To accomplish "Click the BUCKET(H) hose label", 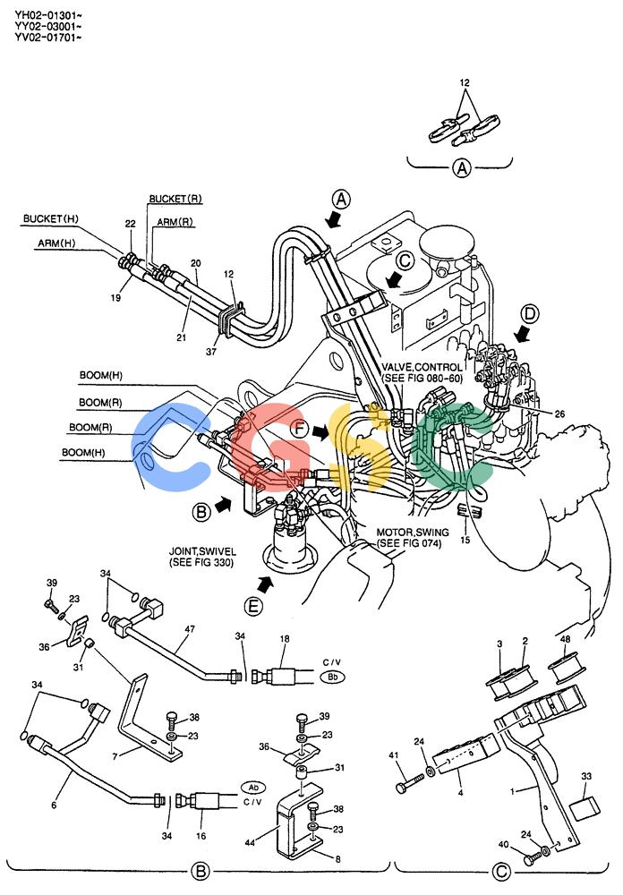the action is [51, 218].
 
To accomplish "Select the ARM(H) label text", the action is [56, 243].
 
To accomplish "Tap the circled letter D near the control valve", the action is [531, 313].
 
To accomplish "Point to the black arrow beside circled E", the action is [265, 584].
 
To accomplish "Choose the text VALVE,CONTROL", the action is [422, 367].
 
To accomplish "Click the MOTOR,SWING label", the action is [413, 533].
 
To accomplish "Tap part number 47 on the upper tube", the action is [190, 629].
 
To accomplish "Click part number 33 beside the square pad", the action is [586, 776].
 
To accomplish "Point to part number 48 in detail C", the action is [566, 639].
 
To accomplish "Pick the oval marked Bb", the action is [332, 677].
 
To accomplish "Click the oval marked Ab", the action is [254, 788].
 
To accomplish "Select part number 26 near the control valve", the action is [559, 413].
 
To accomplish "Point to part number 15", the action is [465, 540].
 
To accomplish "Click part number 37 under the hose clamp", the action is [211, 352].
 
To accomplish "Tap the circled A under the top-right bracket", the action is [461, 168].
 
